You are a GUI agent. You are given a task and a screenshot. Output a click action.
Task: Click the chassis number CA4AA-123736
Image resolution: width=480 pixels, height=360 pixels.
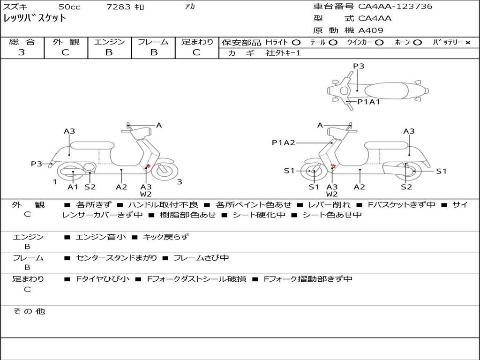395,7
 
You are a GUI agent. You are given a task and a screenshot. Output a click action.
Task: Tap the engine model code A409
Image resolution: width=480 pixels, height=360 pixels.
371,30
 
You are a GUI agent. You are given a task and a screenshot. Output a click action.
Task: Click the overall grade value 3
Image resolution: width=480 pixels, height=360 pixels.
22,52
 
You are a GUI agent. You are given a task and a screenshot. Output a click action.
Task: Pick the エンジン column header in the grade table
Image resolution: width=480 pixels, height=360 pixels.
109,42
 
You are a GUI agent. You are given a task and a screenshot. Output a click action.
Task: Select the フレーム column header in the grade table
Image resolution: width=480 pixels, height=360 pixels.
153,42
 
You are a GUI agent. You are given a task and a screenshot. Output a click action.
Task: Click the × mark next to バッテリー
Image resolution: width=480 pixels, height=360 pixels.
467,42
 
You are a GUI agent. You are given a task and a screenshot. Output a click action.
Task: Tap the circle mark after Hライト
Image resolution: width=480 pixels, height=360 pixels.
296,42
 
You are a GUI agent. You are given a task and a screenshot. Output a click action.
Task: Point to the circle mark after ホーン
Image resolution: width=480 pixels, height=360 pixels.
418,42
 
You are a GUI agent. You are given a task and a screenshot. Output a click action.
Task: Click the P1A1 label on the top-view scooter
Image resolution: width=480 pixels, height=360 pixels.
368,101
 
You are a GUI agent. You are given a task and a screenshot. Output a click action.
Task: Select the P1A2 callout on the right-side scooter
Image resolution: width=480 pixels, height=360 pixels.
283,142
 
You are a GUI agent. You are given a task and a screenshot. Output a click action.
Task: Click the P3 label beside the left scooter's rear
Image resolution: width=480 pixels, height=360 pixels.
37,164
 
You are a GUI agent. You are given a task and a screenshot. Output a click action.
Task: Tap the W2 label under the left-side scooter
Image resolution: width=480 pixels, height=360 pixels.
146,194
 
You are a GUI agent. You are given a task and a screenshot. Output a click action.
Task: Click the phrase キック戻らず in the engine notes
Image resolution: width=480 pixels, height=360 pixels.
165,237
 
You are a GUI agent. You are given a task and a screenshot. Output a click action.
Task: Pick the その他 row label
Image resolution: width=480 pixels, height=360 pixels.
29,311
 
